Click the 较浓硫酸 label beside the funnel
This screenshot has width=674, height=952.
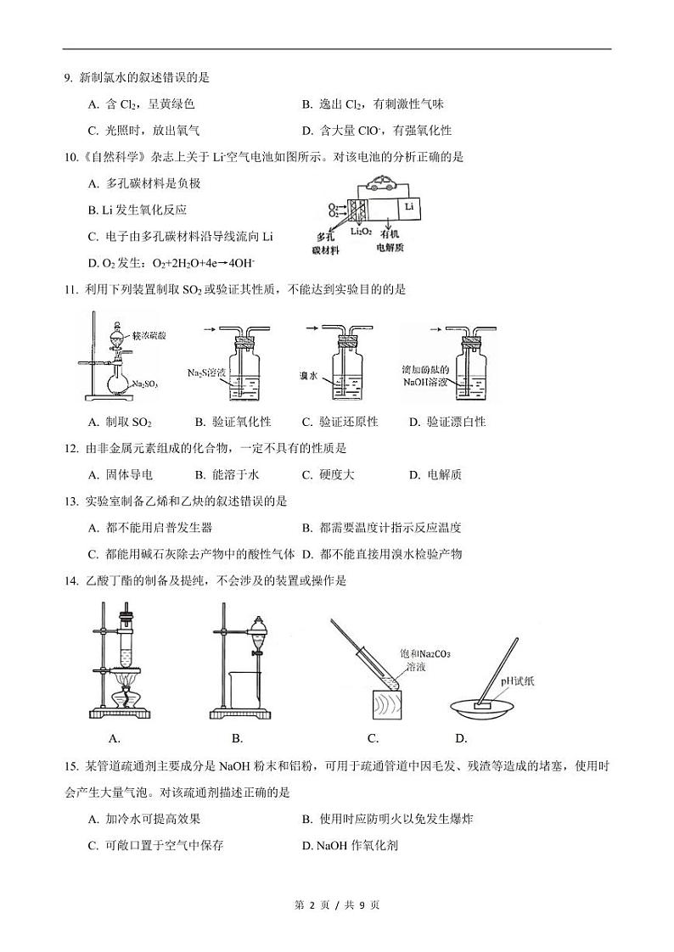149,336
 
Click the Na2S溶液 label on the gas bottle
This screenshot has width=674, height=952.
206,372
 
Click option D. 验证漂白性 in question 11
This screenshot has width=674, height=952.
447,422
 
